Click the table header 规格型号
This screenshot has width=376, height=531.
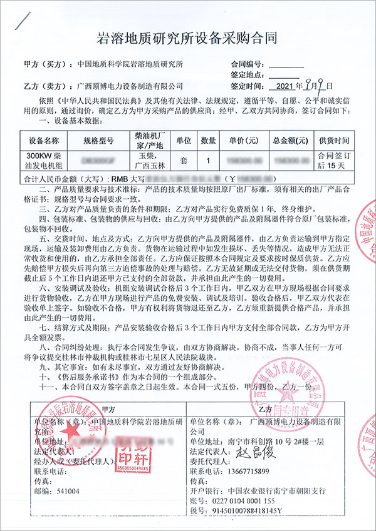(98, 141)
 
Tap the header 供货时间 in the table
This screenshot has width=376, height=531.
(333, 141)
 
